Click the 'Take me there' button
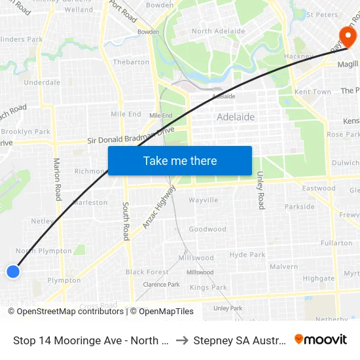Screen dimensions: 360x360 point(180,160)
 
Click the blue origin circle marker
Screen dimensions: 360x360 point(13,271)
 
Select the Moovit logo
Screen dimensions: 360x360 point(321,340)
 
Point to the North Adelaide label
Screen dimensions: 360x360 point(219,31)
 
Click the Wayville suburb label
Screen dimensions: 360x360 point(203,200)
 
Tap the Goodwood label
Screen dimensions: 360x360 point(207,229)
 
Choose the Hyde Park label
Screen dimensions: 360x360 point(247,255)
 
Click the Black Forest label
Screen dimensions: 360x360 point(147,272)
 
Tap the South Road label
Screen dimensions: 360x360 point(126,221)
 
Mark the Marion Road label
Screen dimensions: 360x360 point(57,178)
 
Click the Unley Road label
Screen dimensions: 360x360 point(261,190)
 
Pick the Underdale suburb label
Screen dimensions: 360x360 point(42,82)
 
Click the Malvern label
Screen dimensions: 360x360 point(283,266)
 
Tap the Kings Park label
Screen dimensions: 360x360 point(208,287)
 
